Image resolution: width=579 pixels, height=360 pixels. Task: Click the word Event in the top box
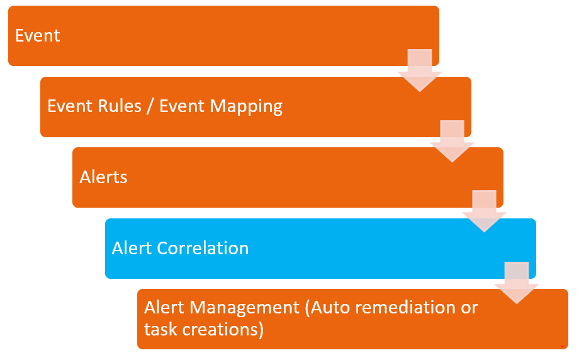tap(38, 35)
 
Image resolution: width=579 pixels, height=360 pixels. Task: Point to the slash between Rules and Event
tap(150, 106)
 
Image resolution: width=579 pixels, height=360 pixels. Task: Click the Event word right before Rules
tap(69, 106)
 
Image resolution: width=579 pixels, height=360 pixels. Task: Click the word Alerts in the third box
tap(103, 177)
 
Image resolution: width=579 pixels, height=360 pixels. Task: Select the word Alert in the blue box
tap(132, 248)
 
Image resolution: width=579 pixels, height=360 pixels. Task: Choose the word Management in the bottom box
tap(245, 308)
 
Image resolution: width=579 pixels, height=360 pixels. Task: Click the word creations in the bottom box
tap(221, 329)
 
